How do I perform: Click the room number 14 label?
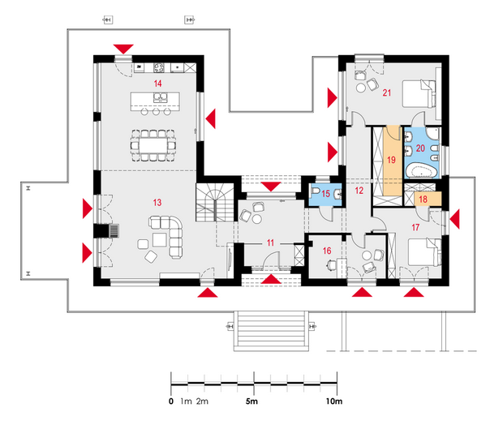coord(157,84)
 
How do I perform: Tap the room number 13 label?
coord(157,203)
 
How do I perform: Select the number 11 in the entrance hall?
coord(270,243)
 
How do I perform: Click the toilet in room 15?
coord(315,191)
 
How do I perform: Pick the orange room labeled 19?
coord(392,161)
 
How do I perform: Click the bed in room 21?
coord(419,93)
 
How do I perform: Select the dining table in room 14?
coord(153,145)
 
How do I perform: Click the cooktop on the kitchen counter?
coord(159,67)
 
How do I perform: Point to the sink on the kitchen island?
coord(160,97)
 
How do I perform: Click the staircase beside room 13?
coord(215,203)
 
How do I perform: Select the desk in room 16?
coord(341,268)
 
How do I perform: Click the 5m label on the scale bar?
coord(251,401)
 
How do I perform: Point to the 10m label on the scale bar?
coord(334,401)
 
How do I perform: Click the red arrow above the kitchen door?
coord(123,49)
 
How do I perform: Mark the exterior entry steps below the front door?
coord(271,331)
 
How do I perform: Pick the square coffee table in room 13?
coord(160,240)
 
